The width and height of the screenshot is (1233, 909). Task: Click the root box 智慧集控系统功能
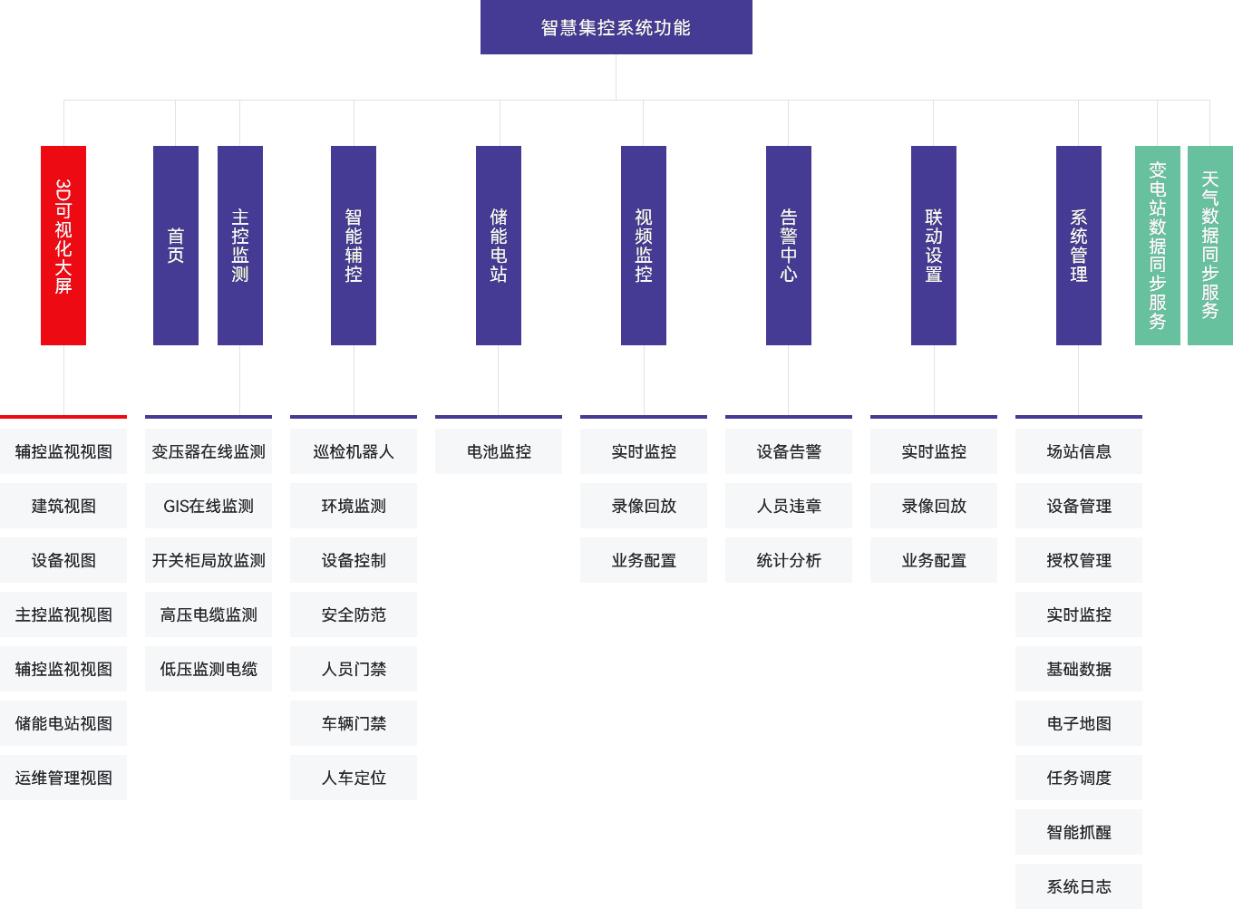coord(616,27)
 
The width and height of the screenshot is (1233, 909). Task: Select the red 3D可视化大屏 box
coord(63,245)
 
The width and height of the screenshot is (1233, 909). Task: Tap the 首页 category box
coord(176,245)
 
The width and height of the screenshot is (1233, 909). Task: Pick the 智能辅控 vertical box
coord(354,245)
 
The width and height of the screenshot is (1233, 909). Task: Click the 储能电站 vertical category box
coord(499,245)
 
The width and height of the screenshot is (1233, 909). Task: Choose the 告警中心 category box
coord(789,245)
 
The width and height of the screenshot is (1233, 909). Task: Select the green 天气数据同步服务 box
coord(1209,245)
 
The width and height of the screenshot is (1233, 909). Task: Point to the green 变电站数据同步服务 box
coord(1157,245)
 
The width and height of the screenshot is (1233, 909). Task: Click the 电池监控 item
coord(499,451)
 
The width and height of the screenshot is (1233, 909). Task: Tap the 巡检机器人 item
coord(354,451)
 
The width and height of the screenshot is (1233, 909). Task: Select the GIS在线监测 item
coord(209,506)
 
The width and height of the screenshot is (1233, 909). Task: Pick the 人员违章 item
coord(789,506)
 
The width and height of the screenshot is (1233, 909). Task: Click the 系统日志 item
coord(1079,885)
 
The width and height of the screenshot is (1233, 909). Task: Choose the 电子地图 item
coord(1079,723)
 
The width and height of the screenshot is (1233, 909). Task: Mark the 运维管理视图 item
coord(63,778)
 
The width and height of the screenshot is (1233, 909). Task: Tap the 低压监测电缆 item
coord(209,669)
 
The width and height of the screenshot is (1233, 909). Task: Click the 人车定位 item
coord(354,778)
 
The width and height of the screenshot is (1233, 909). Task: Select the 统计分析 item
coord(789,560)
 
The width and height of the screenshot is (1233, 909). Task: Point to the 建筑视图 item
coord(63,506)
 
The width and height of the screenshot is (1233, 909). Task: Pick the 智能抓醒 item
coord(1079,832)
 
